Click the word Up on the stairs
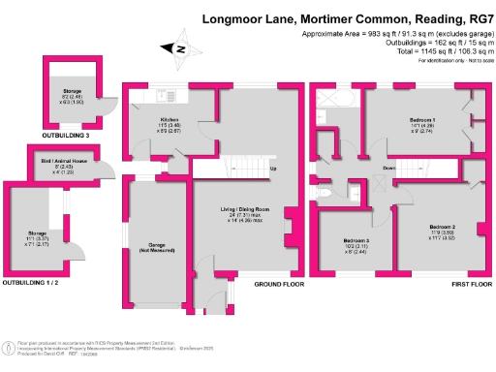click(x=273, y=170)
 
